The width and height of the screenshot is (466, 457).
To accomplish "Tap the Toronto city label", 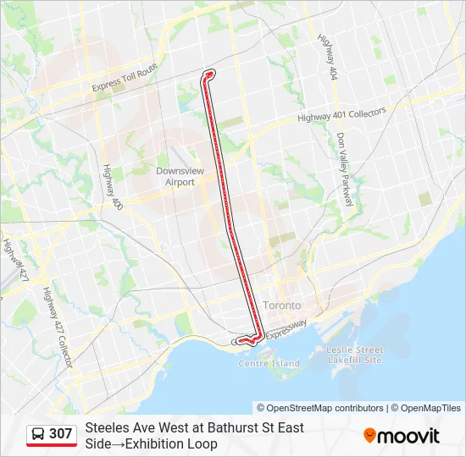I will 282,305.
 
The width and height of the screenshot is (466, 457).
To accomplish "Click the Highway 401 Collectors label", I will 341,114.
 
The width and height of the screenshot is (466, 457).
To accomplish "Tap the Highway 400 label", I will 109,188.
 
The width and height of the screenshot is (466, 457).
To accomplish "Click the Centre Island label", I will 269,364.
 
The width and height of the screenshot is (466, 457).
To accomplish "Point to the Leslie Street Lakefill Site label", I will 355,355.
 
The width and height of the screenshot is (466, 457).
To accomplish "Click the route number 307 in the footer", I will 60,434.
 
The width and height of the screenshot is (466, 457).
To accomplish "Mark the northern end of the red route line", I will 208,73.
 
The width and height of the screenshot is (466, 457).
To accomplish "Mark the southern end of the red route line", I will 241,341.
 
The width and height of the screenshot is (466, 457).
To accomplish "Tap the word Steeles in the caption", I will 107,428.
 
